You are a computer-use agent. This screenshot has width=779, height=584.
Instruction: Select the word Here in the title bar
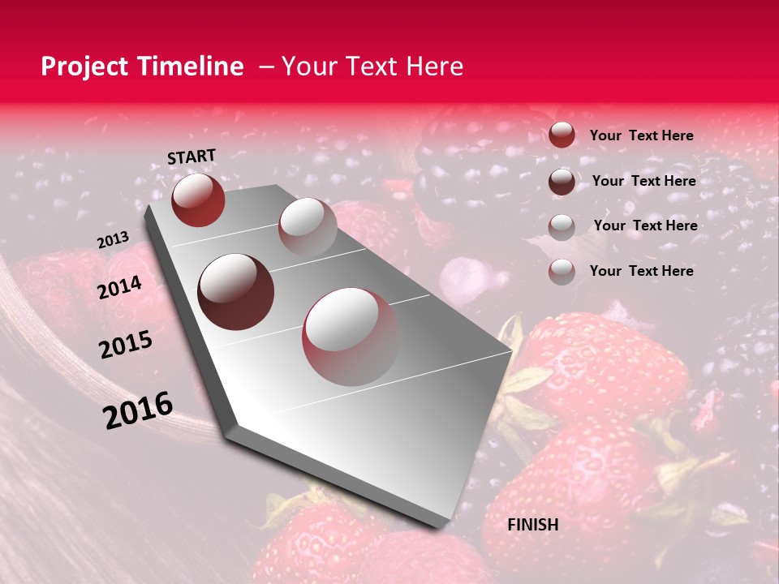click(x=434, y=67)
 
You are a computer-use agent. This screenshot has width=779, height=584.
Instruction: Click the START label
click(x=192, y=157)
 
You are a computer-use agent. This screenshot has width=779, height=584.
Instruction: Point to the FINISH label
click(x=532, y=525)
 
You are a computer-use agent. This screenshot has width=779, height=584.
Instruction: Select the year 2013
click(x=113, y=240)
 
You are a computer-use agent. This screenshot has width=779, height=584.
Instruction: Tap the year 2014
click(x=120, y=288)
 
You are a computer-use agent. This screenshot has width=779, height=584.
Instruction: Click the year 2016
click(x=138, y=410)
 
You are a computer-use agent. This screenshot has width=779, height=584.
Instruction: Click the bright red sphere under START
click(x=198, y=200)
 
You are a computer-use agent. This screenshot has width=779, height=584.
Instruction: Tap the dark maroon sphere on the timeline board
click(x=236, y=291)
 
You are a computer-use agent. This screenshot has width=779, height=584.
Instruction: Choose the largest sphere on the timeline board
click(x=351, y=337)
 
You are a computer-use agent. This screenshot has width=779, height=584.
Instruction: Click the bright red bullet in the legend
click(x=562, y=135)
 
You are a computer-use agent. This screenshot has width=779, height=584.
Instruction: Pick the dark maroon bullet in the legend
click(x=562, y=181)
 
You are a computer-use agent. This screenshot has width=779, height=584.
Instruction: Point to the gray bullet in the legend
click(x=562, y=226)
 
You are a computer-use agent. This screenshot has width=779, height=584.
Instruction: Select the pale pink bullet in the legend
click(x=562, y=272)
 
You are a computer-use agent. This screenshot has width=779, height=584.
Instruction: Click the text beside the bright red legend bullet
click(x=641, y=136)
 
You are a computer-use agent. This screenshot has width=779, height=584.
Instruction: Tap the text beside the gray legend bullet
click(x=645, y=225)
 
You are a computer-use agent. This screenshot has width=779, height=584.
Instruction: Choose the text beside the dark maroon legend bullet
click(x=643, y=181)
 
